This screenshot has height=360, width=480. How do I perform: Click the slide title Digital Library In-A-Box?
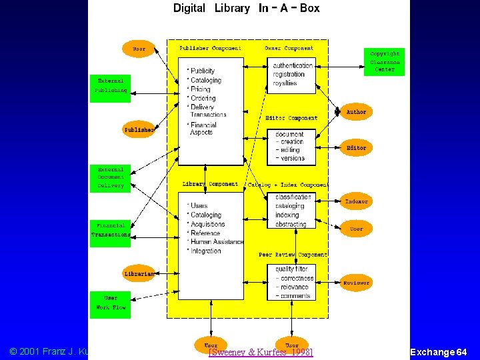[x=246, y=9]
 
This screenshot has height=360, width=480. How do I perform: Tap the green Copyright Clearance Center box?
[x=384, y=61]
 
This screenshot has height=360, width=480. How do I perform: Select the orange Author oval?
[x=356, y=112]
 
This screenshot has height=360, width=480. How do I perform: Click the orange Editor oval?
[x=356, y=148]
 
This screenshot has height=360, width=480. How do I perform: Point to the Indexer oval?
[x=356, y=201]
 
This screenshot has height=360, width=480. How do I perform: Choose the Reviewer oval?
[x=356, y=283]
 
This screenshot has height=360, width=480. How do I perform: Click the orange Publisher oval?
[x=139, y=130]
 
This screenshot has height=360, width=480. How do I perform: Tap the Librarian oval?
[x=139, y=273]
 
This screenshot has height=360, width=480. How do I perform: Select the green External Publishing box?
[x=110, y=85]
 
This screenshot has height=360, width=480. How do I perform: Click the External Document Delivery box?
[x=110, y=177]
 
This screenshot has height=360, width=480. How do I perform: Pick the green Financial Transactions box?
[x=110, y=230]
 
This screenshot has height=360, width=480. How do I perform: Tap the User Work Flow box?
[x=110, y=303]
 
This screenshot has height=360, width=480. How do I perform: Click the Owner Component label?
[x=289, y=48]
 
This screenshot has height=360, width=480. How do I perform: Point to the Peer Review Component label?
[x=293, y=255]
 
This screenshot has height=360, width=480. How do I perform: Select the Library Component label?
[x=210, y=184]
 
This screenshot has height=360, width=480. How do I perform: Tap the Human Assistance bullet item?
[x=216, y=242]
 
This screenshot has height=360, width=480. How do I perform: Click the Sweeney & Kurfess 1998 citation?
[x=261, y=352]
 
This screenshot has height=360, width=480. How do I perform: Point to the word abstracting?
[x=291, y=224]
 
